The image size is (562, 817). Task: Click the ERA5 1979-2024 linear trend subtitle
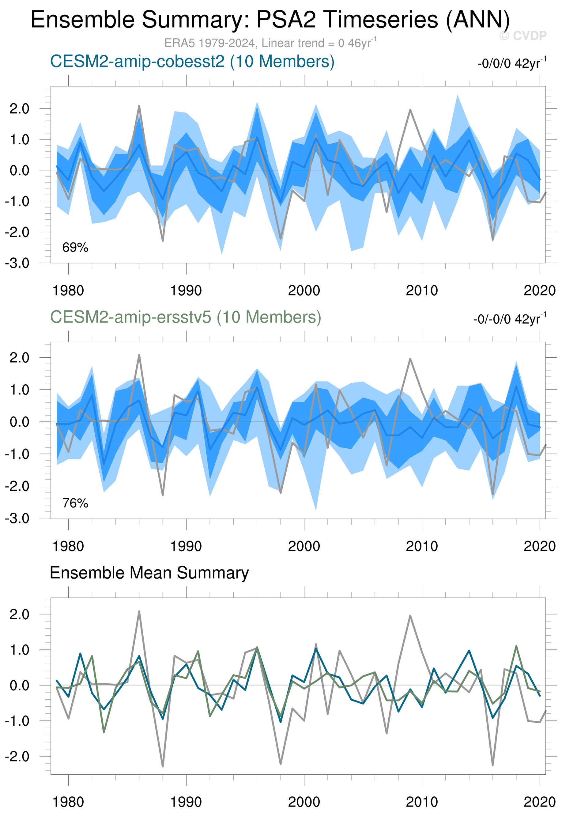270,43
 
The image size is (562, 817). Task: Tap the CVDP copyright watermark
523,36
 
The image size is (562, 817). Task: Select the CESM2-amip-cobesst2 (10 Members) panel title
192,62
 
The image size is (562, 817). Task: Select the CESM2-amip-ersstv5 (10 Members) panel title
186,317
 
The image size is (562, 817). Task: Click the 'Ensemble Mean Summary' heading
149,573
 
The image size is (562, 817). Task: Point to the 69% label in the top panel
75,248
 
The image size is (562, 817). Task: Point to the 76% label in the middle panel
75,503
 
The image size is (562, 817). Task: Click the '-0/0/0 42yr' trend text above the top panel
512,63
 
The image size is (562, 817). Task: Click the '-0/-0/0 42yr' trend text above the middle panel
510,319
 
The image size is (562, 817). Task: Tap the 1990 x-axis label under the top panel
186,291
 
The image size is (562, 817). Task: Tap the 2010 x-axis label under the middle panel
421,546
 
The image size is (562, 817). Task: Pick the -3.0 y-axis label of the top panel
17,263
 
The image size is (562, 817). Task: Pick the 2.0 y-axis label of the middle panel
19,358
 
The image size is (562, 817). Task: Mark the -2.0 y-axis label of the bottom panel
17,756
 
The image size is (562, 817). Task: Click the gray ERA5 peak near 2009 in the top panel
410,110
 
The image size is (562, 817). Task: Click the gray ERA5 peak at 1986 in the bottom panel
139,612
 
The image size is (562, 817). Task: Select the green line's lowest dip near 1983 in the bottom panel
104,732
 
